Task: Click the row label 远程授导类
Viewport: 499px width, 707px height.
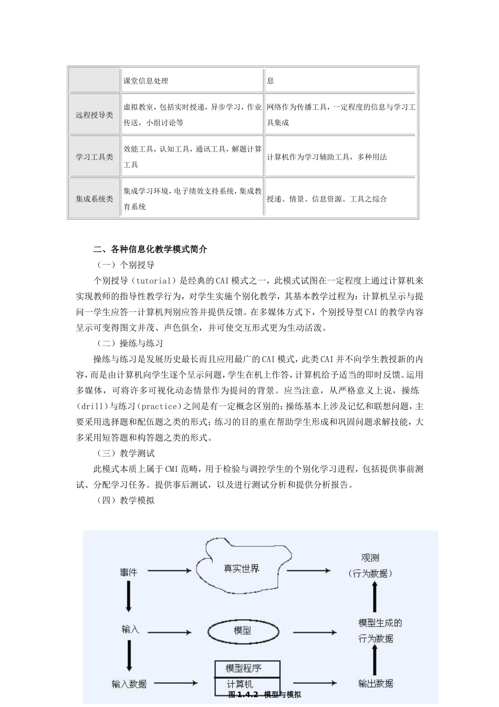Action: point(94,115)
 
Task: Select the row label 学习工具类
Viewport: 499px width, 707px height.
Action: point(94,157)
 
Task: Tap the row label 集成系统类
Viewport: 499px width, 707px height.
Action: point(94,199)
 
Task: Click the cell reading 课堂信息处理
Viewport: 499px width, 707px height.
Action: point(145,80)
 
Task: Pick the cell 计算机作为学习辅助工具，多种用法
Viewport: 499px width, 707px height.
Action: point(327,157)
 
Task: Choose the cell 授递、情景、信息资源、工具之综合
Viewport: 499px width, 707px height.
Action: point(327,199)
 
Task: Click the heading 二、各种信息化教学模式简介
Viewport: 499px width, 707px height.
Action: point(150,249)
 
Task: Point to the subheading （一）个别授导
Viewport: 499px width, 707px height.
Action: point(124,265)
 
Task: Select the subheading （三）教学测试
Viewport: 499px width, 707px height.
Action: point(124,453)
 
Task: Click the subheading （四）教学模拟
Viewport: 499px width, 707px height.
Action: point(124,500)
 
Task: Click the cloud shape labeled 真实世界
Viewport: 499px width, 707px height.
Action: point(242,569)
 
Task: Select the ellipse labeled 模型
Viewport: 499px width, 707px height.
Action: point(242,630)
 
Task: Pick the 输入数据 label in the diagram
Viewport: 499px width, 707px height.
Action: point(129,684)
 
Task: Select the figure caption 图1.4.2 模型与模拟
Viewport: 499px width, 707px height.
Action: point(265,695)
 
